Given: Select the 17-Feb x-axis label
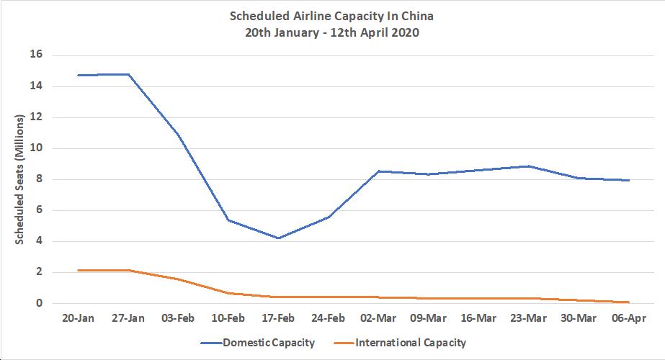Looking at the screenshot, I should point(278,318).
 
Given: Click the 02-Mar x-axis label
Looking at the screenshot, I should point(378,318).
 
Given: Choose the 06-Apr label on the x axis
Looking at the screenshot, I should point(629,318).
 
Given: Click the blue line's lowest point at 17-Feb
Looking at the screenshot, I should point(278,238).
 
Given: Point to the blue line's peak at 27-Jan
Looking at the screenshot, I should point(128,74).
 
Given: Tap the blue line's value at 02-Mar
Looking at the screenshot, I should point(378,171).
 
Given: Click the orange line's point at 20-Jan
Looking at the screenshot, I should point(78,270).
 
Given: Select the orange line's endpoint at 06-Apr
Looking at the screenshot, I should point(629,302).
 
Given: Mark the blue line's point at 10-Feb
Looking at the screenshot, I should point(228,220).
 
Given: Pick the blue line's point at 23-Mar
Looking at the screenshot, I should point(529,166).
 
